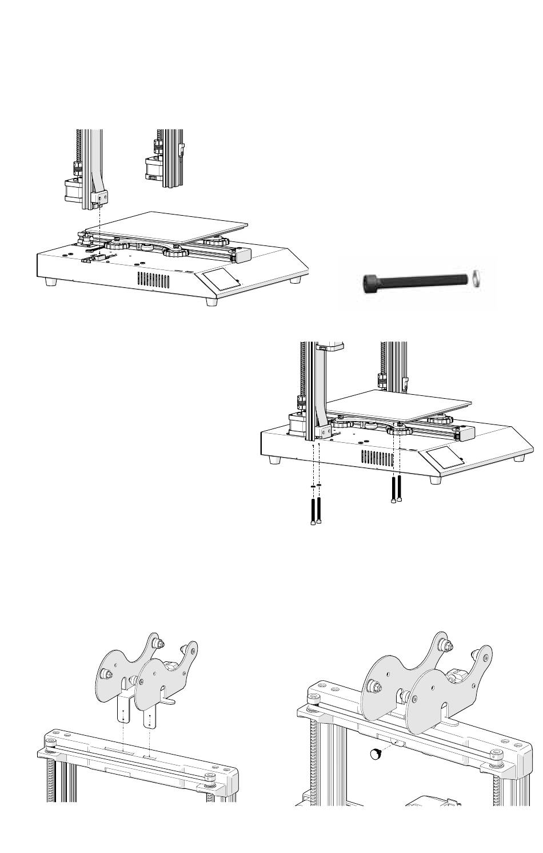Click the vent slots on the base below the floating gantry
click(x=153, y=280)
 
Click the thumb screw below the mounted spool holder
click(x=375, y=754)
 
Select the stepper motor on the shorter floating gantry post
click(x=151, y=166)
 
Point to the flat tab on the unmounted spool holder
click(x=170, y=699)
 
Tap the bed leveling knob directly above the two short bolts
click(x=398, y=430)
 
